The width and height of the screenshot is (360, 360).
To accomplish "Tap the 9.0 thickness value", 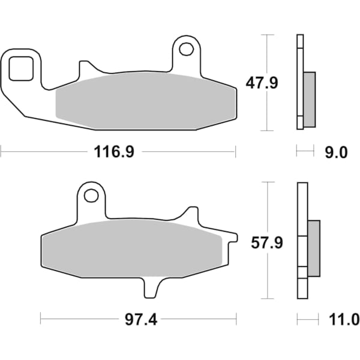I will tap(336, 152).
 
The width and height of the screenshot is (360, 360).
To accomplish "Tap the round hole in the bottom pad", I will tap(91, 196).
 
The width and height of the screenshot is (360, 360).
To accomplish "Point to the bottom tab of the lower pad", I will tap(152, 288).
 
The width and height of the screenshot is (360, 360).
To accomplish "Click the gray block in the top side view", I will tap(309, 99).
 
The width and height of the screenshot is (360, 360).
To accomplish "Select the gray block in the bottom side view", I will tap(313, 248).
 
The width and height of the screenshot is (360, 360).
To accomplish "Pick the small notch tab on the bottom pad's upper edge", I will tap(191, 215).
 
